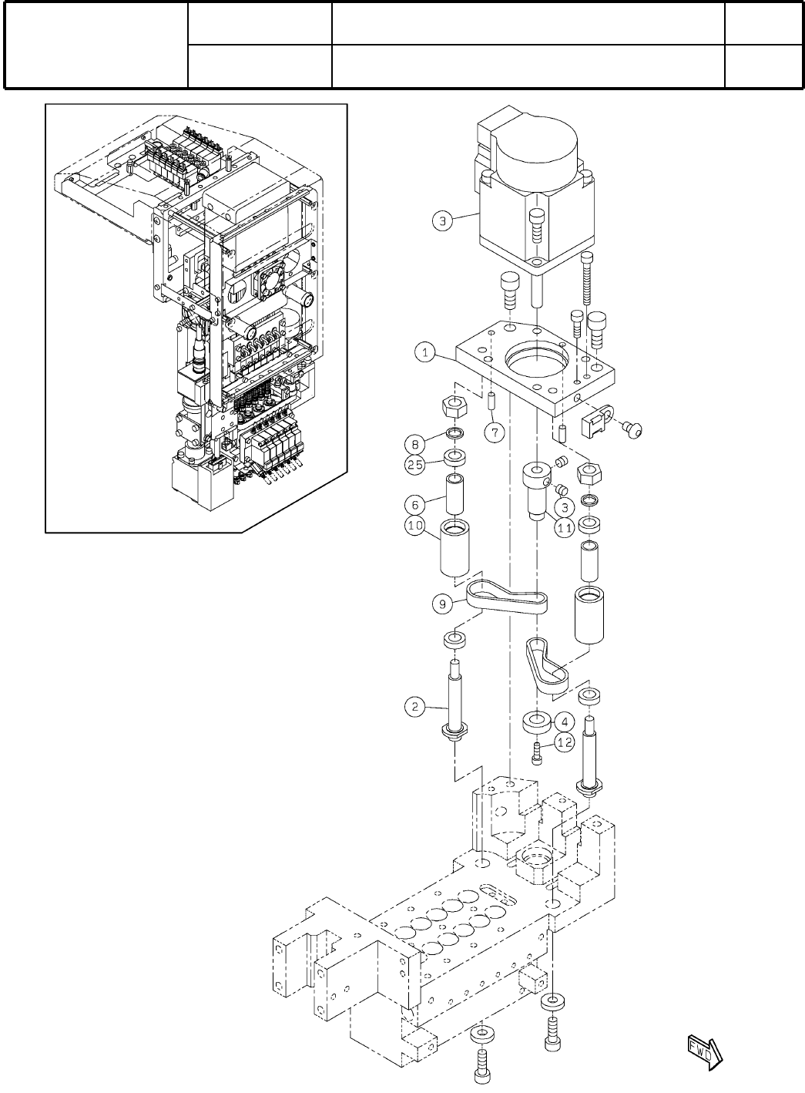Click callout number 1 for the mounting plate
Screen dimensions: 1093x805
click(x=424, y=353)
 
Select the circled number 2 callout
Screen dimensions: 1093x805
click(x=414, y=705)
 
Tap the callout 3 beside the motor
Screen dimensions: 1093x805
click(x=441, y=221)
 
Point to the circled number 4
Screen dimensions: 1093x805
click(x=565, y=722)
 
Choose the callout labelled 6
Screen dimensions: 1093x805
click(x=414, y=504)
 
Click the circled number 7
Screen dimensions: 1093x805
click(x=494, y=432)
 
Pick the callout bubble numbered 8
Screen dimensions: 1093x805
click(x=414, y=445)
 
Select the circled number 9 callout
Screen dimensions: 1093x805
click(x=442, y=604)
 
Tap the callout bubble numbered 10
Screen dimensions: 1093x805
click(x=414, y=526)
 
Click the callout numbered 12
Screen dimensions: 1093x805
click(x=565, y=742)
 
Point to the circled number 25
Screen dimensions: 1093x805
click(x=414, y=464)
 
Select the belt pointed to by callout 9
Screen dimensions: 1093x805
click(x=507, y=598)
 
